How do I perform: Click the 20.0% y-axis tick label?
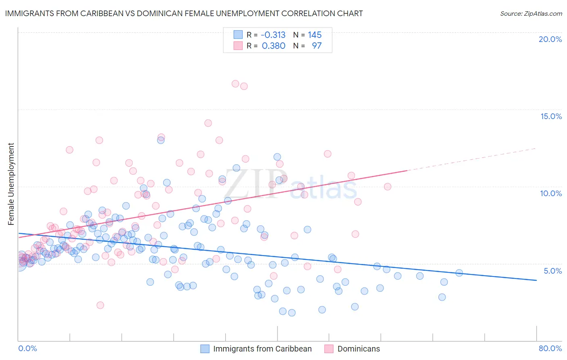[x=550, y=39]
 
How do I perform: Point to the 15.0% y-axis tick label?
[x=551, y=116]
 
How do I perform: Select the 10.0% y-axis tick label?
[x=551, y=193]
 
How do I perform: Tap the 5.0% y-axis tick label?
[x=552, y=271]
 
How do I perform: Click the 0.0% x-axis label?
[x=27, y=348]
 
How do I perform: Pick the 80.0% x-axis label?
[x=550, y=348]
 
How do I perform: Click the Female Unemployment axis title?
[x=11, y=184]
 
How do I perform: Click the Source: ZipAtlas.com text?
[x=531, y=13]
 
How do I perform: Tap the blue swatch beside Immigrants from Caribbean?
[x=205, y=349]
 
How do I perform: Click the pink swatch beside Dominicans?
[x=329, y=349]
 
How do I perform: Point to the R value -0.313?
[x=273, y=35]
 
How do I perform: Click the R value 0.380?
[x=273, y=46]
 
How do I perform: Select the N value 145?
[x=315, y=35]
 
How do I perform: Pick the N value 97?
[x=317, y=46]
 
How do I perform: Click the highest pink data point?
[x=236, y=84]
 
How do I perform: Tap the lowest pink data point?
[x=100, y=305]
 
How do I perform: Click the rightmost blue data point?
[x=459, y=273]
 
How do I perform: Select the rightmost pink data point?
[x=388, y=186]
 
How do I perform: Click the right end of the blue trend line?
[x=536, y=280]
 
